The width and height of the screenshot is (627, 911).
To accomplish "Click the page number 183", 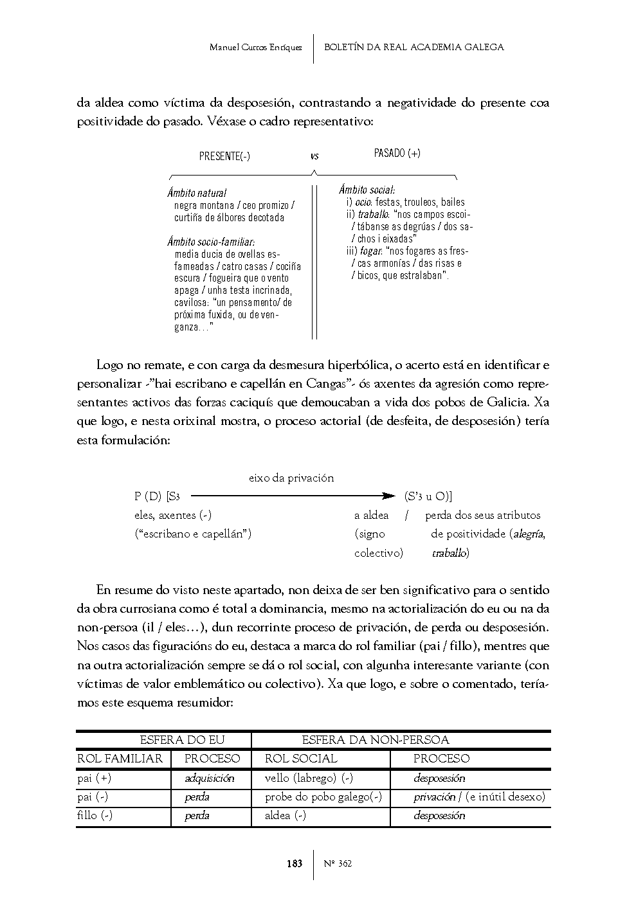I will (294, 863).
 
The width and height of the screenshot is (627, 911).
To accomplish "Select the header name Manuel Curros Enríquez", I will (255, 48).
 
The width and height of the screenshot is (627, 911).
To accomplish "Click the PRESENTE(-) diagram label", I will (224, 156).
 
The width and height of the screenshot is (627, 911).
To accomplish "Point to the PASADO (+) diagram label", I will (397, 153).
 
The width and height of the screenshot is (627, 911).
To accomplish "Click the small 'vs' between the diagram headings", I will (314, 156).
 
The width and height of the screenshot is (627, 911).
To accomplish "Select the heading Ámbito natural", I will (197, 193).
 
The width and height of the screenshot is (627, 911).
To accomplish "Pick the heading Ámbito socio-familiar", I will (211, 242).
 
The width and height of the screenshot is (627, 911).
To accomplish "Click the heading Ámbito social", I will (367, 190).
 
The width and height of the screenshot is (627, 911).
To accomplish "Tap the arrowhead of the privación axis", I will (388, 496).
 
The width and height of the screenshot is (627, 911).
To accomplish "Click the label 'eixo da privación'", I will (291, 478).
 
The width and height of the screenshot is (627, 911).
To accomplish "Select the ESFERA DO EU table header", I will (182, 740).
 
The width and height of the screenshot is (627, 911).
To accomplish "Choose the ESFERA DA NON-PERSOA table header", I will (375, 740).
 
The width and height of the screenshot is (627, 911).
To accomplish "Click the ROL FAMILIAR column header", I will (120, 759).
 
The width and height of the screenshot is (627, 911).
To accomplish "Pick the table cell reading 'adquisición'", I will (209, 778).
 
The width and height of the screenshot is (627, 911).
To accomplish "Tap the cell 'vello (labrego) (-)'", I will (309, 778).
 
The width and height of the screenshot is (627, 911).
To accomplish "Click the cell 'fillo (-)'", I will (95, 815).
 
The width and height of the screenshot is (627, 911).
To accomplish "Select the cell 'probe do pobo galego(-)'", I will (323, 797).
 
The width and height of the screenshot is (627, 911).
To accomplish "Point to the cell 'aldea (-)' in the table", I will (285, 815).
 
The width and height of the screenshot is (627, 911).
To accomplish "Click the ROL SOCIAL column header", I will (300, 759).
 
